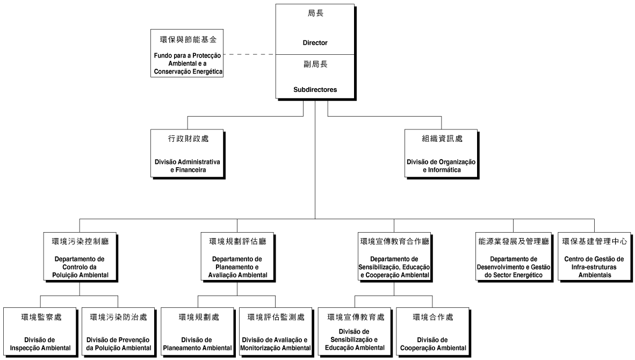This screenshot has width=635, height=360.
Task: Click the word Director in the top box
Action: tap(315, 42)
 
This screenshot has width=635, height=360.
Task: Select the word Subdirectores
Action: tap(315, 90)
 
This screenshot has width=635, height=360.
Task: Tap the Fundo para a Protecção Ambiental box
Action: tap(187, 53)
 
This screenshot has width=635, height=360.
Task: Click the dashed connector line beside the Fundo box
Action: tap(249, 54)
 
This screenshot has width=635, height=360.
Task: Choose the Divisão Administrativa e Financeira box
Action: tap(187, 153)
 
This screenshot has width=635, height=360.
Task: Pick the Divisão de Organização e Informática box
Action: tap(442, 153)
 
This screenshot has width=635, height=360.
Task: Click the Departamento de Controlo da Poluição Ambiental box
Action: tap(80, 257)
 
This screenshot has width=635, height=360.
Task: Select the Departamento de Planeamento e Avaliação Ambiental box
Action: tap(237, 257)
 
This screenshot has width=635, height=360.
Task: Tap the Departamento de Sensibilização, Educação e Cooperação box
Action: tap(394, 257)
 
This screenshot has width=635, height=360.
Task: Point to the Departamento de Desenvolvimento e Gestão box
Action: tap(514, 257)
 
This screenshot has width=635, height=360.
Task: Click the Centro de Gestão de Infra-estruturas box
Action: tap(595, 257)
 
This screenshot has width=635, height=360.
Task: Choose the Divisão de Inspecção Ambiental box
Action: tap(40, 332)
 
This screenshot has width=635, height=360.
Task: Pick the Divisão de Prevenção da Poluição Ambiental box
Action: tap(118, 332)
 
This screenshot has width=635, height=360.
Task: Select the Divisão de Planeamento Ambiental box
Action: tap(198, 332)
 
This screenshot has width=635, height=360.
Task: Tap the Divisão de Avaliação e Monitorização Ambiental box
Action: tap(276, 332)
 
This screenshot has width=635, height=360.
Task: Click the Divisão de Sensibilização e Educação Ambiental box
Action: tap(355, 332)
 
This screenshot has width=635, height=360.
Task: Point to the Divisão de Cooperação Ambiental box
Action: tap(433, 332)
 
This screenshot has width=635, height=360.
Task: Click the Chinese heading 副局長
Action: tap(315, 64)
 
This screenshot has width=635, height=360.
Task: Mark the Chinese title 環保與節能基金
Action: tap(189, 39)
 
